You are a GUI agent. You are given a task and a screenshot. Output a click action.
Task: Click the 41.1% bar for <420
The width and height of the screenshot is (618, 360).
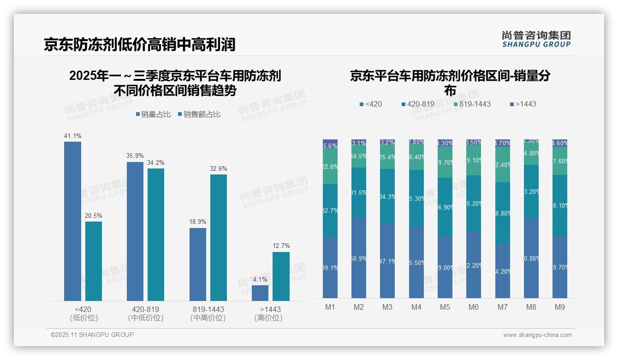pyautogui.click(x=72, y=221)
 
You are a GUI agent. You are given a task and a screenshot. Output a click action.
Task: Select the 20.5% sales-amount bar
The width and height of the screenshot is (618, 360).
pyautogui.click(x=94, y=261)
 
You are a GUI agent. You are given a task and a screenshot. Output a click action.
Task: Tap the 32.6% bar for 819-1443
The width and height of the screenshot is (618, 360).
pyautogui.click(x=219, y=237)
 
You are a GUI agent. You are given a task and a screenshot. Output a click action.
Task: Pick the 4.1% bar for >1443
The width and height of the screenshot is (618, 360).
pyautogui.click(x=260, y=293)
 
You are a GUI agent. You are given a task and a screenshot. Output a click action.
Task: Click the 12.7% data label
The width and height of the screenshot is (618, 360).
pyautogui.click(x=281, y=246)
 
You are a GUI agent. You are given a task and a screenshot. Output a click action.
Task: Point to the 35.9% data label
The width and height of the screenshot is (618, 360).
pyautogui.click(x=135, y=156)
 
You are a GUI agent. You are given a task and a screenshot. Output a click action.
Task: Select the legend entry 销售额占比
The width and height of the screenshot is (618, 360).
pyautogui.click(x=199, y=114)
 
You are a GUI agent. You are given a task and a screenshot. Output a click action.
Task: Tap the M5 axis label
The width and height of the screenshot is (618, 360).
pyautogui.click(x=445, y=307)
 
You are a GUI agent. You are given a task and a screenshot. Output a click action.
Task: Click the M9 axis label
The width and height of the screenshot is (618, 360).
pyautogui.click(x=559, y=307)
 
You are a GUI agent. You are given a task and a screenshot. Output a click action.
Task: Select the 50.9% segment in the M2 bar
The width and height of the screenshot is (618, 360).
pyautogui.click(x=359, y=258)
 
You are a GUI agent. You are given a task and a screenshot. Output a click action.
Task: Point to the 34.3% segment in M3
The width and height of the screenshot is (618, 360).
pyautogui.click(x=387, y=196)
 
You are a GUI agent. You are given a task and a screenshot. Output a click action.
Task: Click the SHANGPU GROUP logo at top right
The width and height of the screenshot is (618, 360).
pyautogui.click(x=536, y=39)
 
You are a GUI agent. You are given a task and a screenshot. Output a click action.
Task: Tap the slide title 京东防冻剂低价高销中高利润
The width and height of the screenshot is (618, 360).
pyautogui.click(x=140, y=44)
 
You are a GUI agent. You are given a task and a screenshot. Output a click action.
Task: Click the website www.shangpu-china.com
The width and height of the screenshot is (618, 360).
pyautogui.click(x=537, y=335)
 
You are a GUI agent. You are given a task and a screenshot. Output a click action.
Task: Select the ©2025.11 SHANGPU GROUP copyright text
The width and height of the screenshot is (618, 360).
pyautogui.click(x=92, y=335)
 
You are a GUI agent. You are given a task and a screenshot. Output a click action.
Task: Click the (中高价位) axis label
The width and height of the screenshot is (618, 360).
pyautogui.click(x=208, y=318)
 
